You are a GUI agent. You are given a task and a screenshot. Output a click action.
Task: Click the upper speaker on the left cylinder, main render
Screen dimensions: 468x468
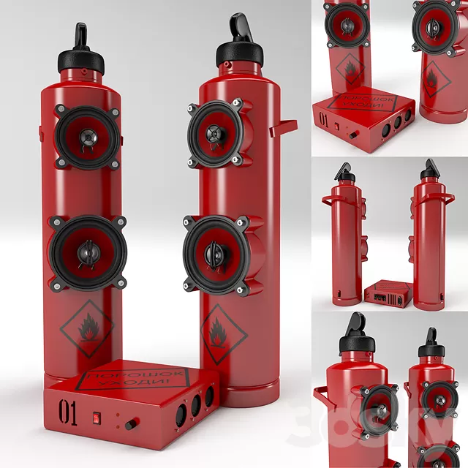click(87, 137)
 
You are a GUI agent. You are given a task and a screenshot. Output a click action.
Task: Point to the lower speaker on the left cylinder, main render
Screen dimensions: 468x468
click(87, 252)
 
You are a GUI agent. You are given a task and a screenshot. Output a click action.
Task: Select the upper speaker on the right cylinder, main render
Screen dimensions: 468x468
click(216, 133)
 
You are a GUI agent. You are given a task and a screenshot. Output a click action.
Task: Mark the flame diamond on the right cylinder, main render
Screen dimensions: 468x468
click(222, 328)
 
